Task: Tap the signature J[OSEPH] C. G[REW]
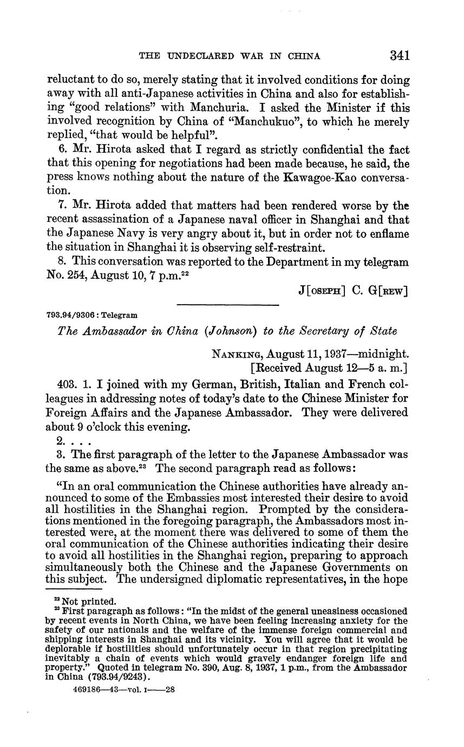click(x=354, y=291)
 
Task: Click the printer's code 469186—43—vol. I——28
click(x=122, y=690)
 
